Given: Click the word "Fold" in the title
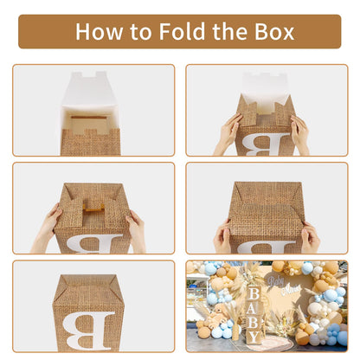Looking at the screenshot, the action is click(x=182, y=31).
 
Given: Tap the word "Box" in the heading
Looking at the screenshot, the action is click(x=274, y=31).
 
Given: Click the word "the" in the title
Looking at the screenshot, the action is click(x=229, y=31).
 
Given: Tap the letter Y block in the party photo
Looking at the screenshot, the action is click(x=254, y=337).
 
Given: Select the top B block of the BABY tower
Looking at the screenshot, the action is click(x=254, y=294).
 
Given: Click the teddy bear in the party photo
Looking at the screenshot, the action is click(x=218, y=314).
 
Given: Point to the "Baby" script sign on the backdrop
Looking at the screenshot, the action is click(x=276, y=280).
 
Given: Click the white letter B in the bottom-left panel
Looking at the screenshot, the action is click(x=89, y=330).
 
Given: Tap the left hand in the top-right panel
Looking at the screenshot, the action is click(x=228, y=134).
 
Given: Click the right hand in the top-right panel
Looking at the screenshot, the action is click(x=300, y=134).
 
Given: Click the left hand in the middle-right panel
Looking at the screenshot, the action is click(x=222, y=236).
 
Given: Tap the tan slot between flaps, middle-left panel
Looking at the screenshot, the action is click(x=93, y=207).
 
